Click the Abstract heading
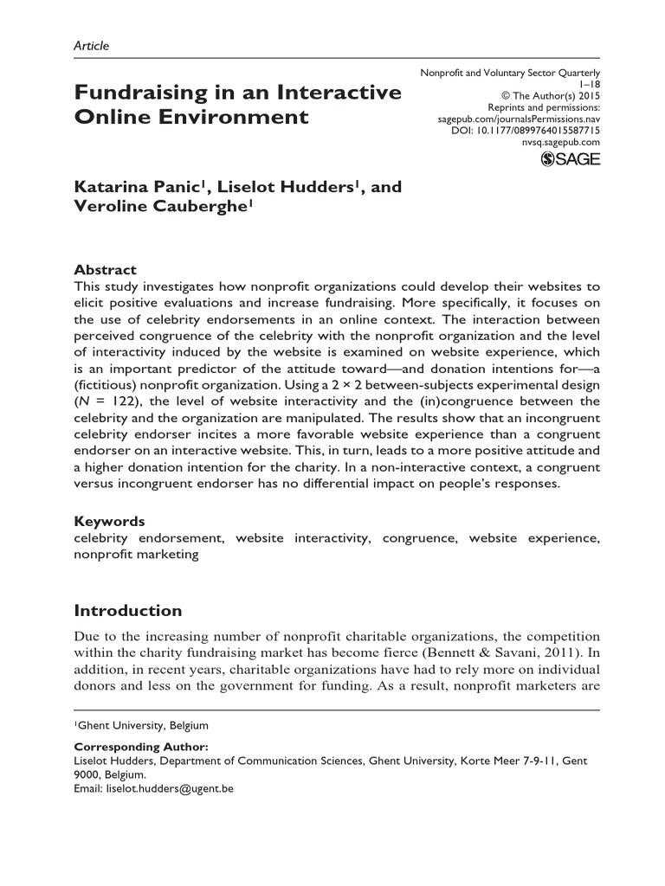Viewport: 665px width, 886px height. (x=105, y=269)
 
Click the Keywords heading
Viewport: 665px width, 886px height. (x=109, y=522)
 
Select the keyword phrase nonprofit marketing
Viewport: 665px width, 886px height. (x=136, y=555)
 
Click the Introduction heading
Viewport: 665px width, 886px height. (x=128, y=611)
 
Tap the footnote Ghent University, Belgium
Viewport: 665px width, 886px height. (x=143, y=725)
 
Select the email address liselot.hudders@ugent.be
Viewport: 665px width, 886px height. (x=169, y=788)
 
